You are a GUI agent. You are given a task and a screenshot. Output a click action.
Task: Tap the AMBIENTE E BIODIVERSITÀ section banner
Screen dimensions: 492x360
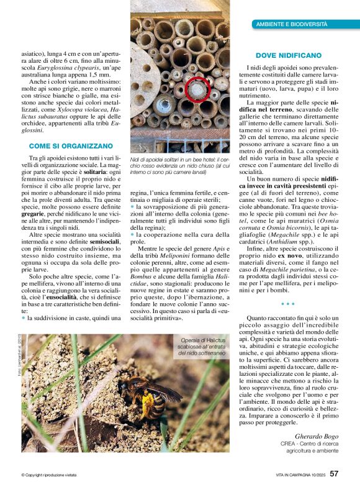(x=292, y=24)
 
